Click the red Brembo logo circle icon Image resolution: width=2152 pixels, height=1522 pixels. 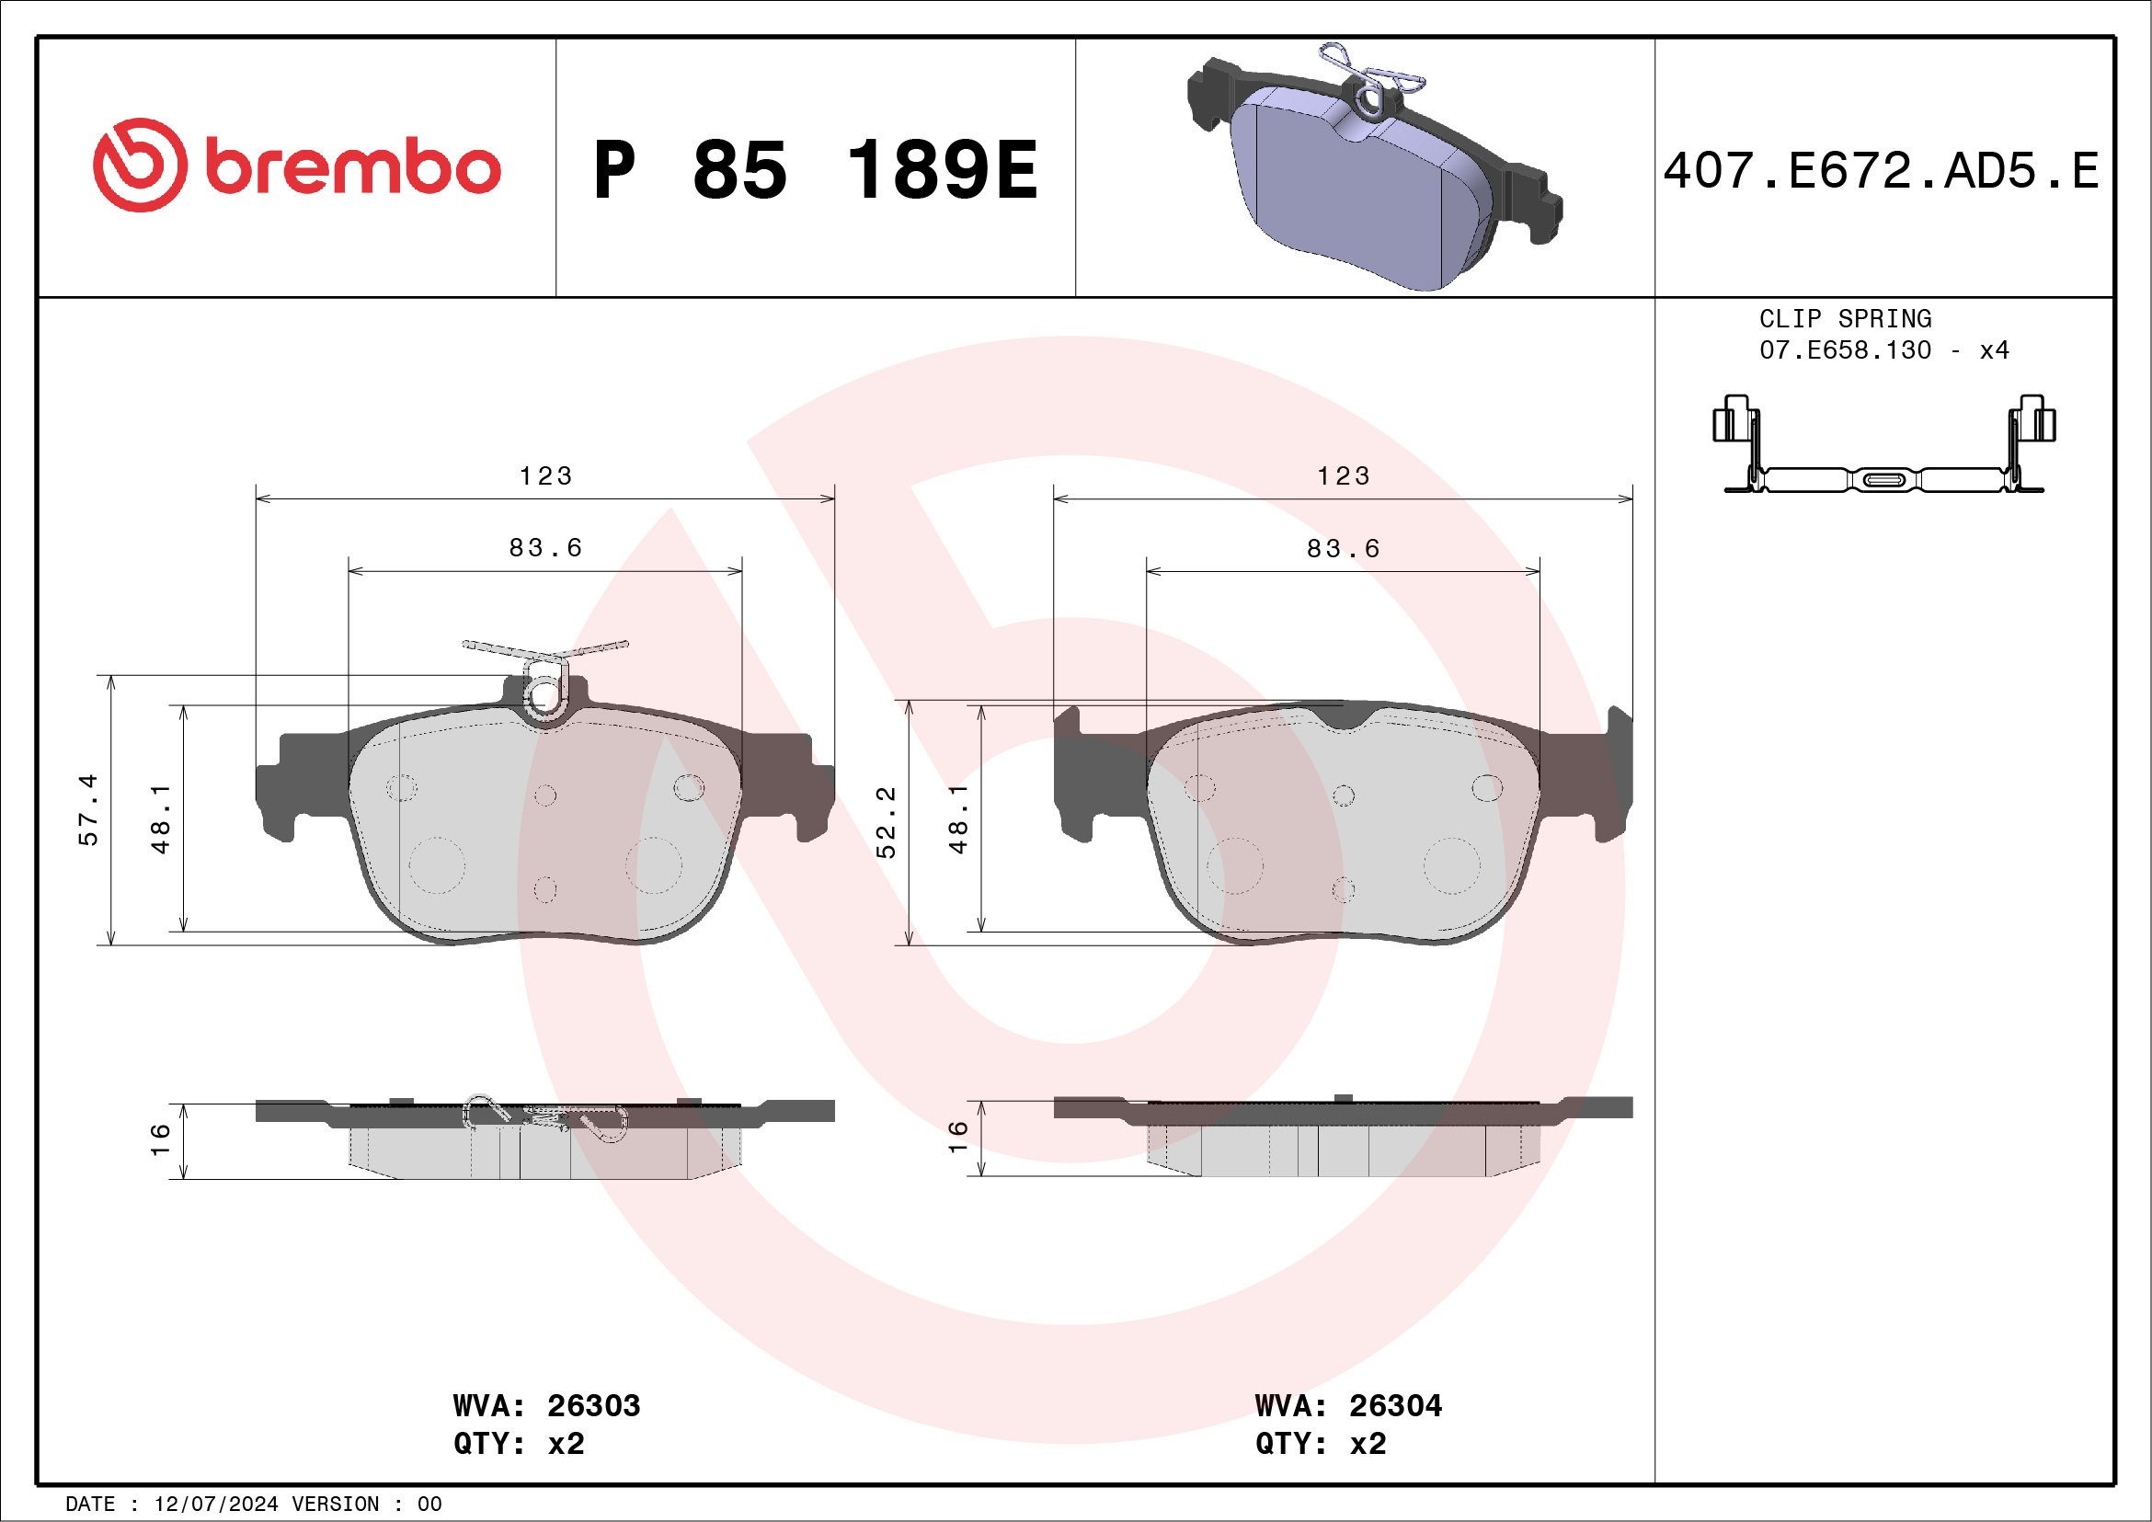pos(140,165)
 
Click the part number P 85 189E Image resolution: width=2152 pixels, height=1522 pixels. pos(815,170)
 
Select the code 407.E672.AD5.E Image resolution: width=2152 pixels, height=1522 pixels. pos(1881,171)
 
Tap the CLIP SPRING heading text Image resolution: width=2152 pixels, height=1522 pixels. pos(1845,318)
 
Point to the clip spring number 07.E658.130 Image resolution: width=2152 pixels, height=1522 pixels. pos(1845,350)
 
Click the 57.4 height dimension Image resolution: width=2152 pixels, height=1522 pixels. pos(88,809)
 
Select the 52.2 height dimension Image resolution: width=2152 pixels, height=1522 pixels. pos(886,822)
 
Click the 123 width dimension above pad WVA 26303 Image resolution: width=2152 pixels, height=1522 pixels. pos(545,476)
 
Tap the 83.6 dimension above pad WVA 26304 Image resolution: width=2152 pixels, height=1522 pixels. pos(1343,548)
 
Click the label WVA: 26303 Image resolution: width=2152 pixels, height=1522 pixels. pos(546,1406)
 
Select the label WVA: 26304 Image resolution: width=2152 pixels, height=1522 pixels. pos(1348,1406)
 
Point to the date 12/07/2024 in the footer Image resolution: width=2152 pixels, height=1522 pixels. pos(215,1505)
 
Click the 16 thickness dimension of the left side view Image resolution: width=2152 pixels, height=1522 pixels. pos(160,1139)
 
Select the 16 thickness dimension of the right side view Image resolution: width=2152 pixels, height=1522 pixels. pos(957,1136)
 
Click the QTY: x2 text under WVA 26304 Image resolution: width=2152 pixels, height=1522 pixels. pos(1320,1443)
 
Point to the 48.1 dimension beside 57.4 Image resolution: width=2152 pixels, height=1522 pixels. pos(161,818)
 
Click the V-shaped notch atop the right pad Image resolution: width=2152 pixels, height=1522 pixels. pos(1343,718)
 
